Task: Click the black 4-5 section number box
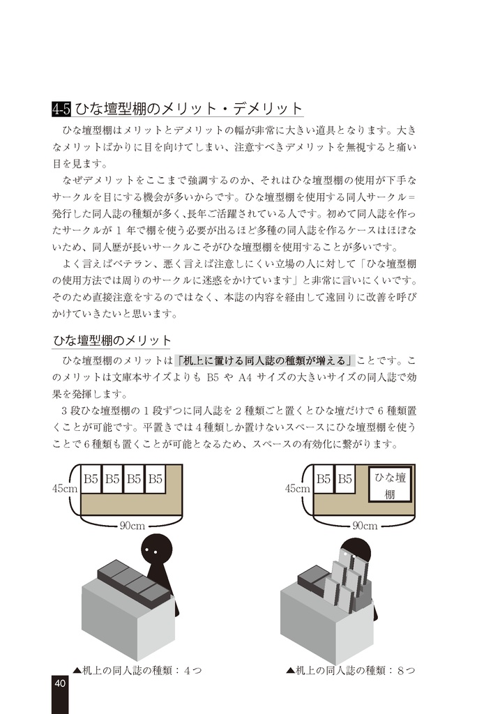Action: pos(61,109)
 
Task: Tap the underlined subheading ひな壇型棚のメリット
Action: pos(112,340)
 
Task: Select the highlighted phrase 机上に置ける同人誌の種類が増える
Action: pos(266,360)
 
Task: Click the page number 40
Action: pos(60,683)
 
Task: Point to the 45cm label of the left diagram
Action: pos(65,489)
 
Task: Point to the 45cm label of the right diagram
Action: pos(298,489)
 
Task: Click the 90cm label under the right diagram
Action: pos(365,525)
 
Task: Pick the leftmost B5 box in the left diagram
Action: pos(91,479)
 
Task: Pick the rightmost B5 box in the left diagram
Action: pos(155,479)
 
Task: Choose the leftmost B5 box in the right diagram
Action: pos(324,479)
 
